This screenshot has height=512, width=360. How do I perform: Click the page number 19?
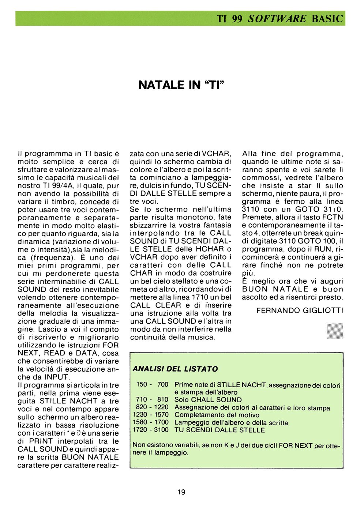[x=181, y=492]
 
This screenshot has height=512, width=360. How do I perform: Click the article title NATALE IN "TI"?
[x=181, y=85]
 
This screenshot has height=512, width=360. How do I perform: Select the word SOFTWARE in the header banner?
[x=277, y=19]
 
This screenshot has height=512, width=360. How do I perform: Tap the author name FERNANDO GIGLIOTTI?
[x=300, y=310]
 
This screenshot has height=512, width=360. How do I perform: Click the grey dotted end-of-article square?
[x=335, y=331]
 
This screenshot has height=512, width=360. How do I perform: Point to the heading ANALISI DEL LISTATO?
[x=175, y=369]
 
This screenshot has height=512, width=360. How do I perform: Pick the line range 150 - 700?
[x=152, y=384]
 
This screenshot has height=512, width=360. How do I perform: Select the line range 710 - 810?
[x=152, y=400]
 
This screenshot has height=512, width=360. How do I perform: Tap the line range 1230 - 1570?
[x=151, y=415]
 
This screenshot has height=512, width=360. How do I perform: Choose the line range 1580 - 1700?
[x=151, y=422]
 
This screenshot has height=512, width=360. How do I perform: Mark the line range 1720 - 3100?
[x=151, y=430]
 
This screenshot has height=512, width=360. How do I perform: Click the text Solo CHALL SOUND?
[x=208, y=400]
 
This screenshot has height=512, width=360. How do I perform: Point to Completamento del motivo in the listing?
[x=217, y=415]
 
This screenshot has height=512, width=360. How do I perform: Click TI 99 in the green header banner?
[x=229, y=19]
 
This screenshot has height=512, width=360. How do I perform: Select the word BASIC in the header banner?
[x=327, y=19]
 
